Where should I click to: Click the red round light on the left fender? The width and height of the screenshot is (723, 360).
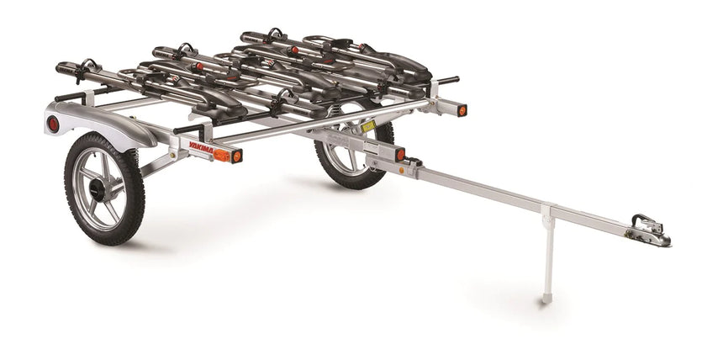click(x=53, y=124)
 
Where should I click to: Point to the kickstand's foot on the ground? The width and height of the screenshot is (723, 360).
click(x=546, y=299)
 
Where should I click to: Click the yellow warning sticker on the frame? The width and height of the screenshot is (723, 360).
click(x=367, y=126)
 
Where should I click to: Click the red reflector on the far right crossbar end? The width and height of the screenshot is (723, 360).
click(x=461, y=110)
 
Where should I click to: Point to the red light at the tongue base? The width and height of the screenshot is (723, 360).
click(x=400, y=155)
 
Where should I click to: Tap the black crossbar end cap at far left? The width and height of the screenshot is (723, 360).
click(x=61, y=66)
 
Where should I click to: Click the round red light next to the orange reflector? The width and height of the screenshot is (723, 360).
click(x=237, y=156)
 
